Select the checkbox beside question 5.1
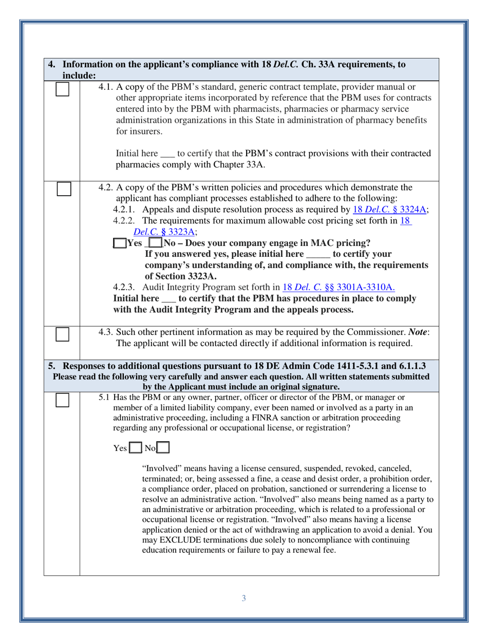point(63,400)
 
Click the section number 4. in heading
point(52,65)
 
